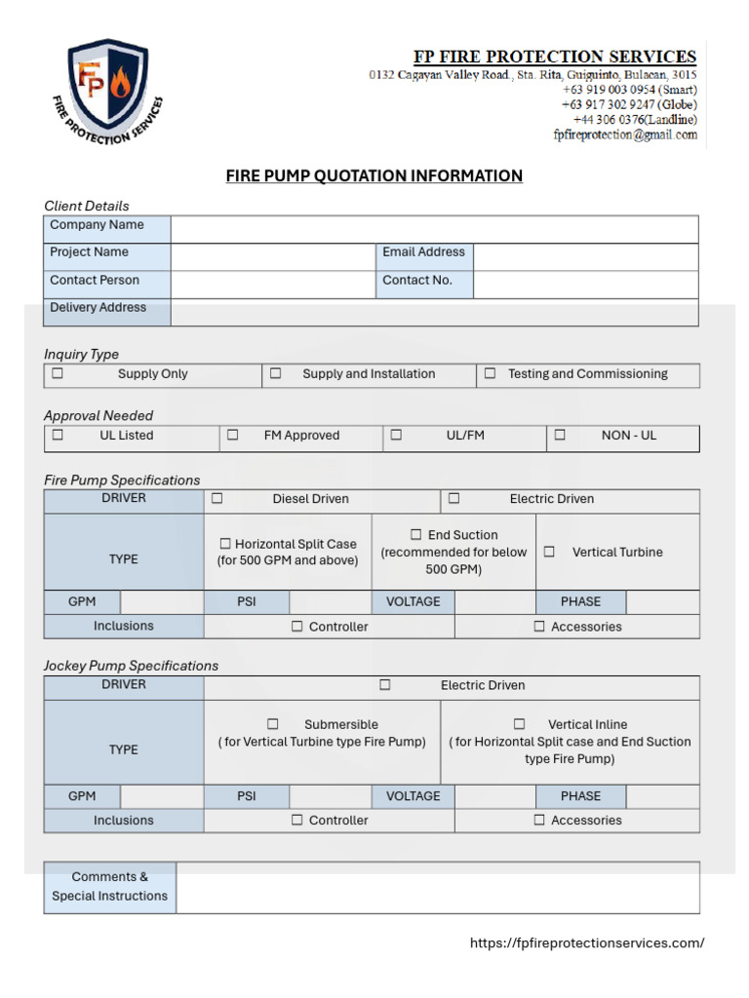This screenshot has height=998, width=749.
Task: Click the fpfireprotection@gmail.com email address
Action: point(625,135)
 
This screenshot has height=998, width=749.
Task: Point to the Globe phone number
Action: point(629,104)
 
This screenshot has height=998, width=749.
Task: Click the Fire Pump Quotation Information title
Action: point(374,176)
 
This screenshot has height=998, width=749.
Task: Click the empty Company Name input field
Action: point(434,229)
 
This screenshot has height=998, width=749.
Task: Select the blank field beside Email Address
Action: point(585,256)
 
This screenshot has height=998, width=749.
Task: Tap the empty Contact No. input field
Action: point(585,285)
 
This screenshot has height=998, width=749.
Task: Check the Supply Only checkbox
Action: point(58,373)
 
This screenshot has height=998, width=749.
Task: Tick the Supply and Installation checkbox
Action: point(276,373)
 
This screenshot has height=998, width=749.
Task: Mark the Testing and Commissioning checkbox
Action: point(490,373)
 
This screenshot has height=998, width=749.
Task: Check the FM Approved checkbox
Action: point(232,436)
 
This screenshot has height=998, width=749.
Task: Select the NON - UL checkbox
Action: point(560,436)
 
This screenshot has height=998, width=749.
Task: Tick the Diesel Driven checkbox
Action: point(217,498)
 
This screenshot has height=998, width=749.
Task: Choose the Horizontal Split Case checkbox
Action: point(225,544)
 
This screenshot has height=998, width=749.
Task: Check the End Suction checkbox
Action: point(416,535)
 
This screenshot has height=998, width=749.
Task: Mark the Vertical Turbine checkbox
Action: point(549,552)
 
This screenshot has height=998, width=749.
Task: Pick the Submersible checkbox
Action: point(273,724)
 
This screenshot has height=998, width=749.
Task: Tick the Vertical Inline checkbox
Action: point(520,724)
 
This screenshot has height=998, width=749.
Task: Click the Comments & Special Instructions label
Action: point(109,886)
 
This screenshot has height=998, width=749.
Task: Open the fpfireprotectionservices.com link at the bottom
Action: point(586,942)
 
